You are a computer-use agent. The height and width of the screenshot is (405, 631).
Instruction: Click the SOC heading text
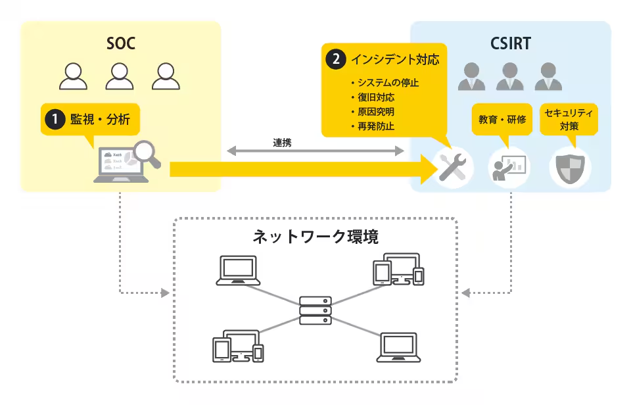point(121,44)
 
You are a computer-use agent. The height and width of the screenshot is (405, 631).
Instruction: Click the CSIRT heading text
point(510,44)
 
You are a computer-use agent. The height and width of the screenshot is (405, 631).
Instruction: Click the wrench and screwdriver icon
point(452,167)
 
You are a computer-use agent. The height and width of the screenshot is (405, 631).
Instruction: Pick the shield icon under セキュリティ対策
point(569,169)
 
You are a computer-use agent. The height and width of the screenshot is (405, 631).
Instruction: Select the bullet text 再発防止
point(377,126)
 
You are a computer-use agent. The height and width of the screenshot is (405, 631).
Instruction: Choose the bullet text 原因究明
point(377,111)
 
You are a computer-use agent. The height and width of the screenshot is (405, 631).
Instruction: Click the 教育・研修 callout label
point(502,120)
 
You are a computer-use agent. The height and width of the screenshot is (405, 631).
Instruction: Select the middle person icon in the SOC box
point(119,76)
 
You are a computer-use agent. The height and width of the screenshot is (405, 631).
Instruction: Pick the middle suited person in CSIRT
point(509,76)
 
